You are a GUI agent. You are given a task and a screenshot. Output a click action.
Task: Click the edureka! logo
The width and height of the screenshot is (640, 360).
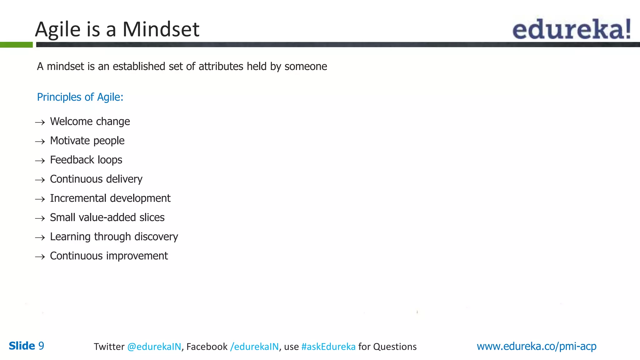click(x=571, y=29)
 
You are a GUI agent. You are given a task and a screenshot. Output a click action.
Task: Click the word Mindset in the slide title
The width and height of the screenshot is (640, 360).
click(x=161, y=29)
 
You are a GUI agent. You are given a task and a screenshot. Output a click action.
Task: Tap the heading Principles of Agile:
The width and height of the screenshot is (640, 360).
click(x=80, y=97)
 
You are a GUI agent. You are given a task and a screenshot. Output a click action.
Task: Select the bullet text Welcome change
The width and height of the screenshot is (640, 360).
click(x=90, y=122)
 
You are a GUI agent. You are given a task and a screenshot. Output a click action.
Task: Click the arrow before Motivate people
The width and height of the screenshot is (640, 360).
click(x=40, y=142)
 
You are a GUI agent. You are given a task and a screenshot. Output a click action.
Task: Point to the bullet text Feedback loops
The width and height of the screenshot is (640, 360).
click(x=86, y=160)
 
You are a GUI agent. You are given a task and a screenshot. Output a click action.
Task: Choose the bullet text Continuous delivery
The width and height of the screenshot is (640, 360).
click(x=96, y=179)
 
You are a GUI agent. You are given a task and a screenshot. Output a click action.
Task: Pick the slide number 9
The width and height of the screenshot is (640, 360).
click(x=41, y=346)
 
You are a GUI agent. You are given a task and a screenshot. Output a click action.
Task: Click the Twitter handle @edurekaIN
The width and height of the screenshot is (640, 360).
click(x=154, y=347)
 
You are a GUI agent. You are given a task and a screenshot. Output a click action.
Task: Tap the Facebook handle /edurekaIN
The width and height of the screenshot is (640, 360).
click(x=254, y=347)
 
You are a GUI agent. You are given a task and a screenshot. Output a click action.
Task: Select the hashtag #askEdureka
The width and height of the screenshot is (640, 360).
click(x=328, y=347)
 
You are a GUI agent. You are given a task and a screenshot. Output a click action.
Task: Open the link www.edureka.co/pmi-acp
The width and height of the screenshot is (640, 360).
click(x=536, y=346)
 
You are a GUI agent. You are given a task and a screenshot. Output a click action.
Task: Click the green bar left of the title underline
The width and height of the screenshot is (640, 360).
click(x=16, y=45)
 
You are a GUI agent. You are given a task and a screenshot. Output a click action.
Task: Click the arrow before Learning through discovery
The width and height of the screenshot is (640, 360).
click(x=40, y=238)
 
